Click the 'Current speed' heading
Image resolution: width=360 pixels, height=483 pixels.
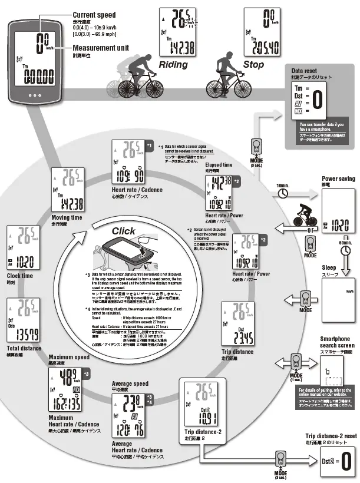click(94, 14)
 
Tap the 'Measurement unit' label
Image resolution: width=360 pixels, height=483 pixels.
click(101, 48)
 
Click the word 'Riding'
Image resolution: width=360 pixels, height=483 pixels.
click(173, 65)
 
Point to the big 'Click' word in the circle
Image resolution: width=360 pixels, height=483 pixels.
click(123, 231)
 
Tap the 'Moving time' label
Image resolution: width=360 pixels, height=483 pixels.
click(66, 217)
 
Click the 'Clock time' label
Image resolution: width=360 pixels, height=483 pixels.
click(20, 275)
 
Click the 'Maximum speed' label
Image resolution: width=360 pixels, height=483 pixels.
click(69, 357)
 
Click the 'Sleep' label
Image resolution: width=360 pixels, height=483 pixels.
click(329, 267)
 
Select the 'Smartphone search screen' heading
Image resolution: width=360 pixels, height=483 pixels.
click(337, 342)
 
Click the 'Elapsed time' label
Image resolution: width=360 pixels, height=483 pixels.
click(219, 165)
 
